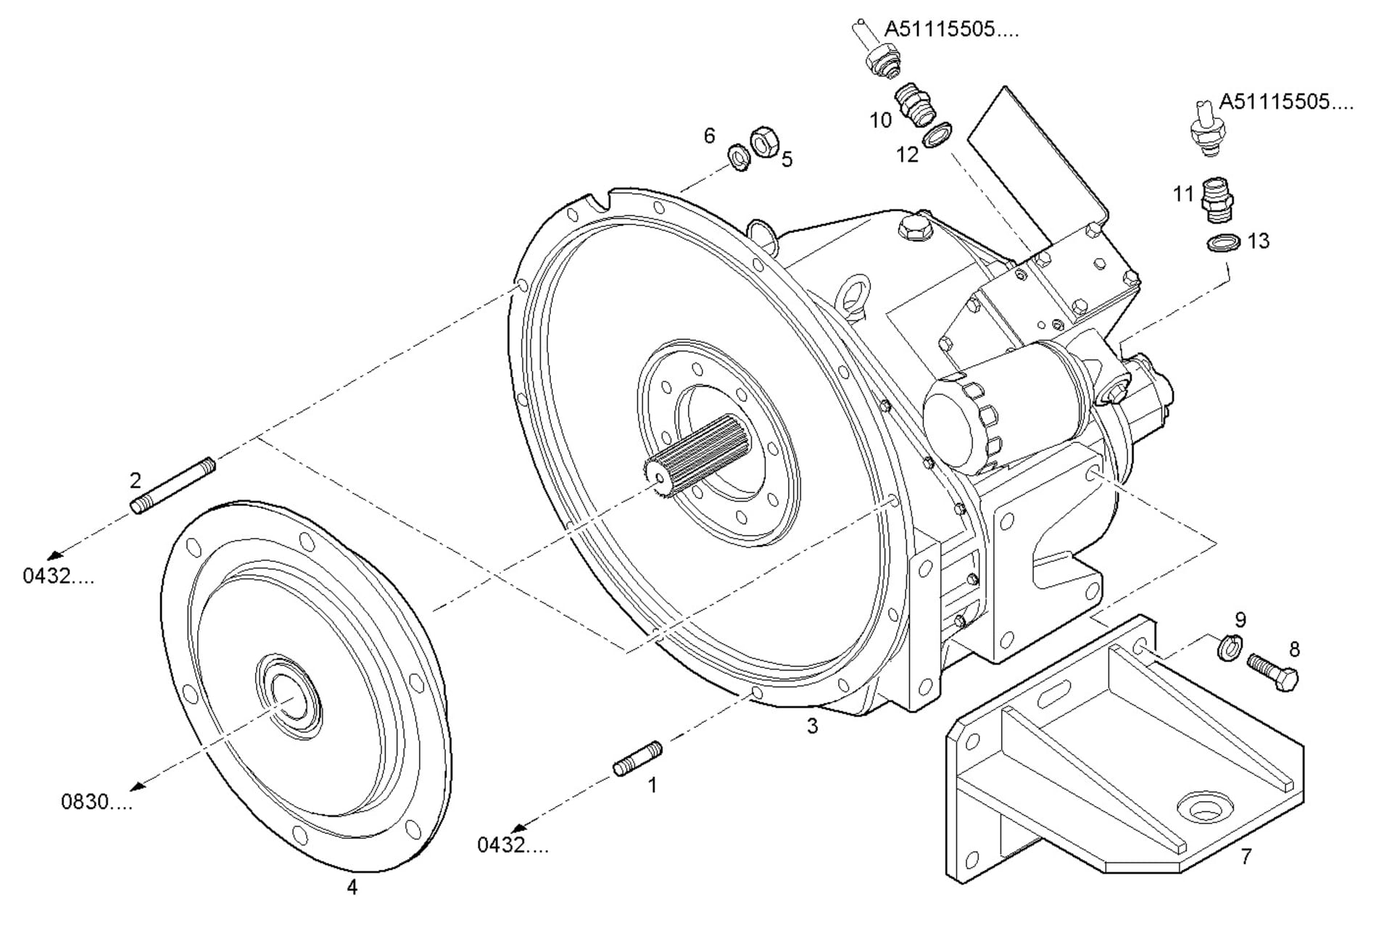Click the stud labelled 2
point(173,486)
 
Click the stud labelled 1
point(638,758)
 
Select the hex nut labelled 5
point(763,141)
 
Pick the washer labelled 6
point(739,157)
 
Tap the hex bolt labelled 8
point(1273,671)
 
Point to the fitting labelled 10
point(916,106)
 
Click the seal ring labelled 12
point(937,134)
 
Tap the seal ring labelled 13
point(1224,242)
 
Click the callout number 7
point(1246,857)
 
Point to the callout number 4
point(352,887)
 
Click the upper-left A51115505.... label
point(950,30)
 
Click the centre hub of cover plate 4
point(289,697)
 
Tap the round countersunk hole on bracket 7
point(1204,806)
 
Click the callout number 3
point(812,726)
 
